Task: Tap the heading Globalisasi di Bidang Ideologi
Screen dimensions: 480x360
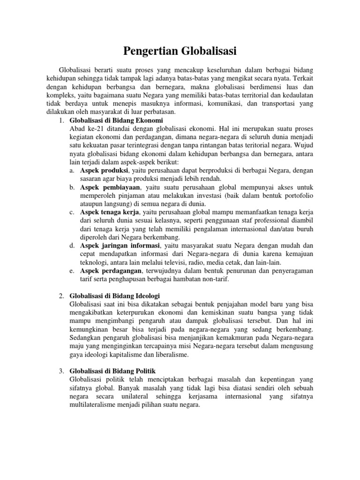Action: point(115,296)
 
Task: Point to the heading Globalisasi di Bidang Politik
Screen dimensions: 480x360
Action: point(113,371)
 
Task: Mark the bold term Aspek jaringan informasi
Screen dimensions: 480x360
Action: point(120,246)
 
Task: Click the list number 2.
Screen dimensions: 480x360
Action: point(61,296)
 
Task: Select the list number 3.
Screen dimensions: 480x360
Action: point(61,371)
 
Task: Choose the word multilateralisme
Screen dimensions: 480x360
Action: point(95,405)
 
